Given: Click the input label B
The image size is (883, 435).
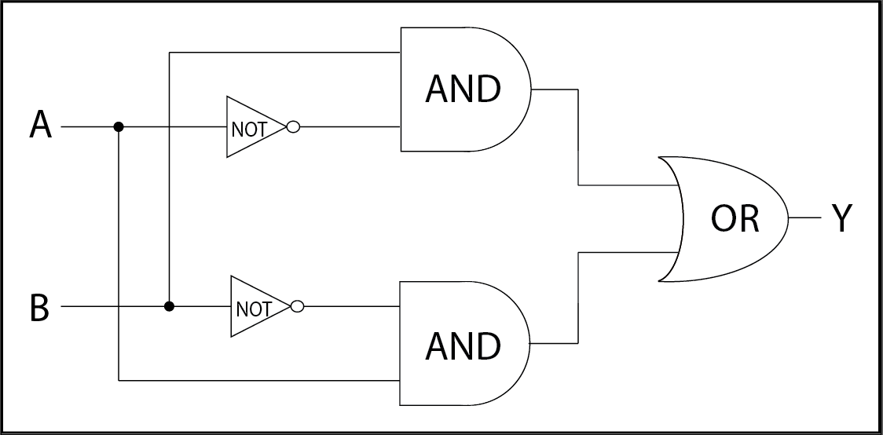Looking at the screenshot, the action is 39,309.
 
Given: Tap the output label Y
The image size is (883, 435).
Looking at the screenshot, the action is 842,218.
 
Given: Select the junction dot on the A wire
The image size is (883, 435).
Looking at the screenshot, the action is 119,126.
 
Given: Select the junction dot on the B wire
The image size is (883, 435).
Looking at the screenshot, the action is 169,306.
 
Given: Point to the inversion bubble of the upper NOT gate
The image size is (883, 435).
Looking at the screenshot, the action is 293,126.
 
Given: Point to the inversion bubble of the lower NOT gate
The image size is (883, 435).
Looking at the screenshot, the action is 297,306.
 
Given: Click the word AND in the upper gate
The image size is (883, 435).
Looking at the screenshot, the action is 463,90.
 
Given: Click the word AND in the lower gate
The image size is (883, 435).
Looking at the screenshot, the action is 463,346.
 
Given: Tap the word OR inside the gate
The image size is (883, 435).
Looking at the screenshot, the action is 735,218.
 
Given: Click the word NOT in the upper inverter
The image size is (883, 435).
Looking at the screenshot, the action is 249,130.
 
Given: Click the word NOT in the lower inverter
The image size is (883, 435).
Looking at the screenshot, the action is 254,309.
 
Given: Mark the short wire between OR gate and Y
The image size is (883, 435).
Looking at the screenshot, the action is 804,217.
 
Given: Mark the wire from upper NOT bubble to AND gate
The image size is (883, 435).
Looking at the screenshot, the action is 350,126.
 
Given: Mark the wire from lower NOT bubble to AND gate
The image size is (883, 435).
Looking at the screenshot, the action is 351,306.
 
